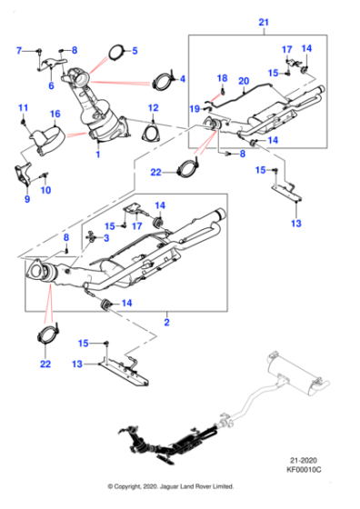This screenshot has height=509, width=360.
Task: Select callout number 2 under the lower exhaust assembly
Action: tap(166, 322)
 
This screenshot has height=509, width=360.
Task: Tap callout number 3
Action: tap(105, 237)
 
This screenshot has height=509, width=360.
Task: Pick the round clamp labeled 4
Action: tap(164, 79)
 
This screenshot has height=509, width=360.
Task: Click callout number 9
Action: tap(25, 199)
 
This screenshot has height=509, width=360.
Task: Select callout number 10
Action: tap(46, 189)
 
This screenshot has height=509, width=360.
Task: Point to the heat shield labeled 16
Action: tap(44, 138)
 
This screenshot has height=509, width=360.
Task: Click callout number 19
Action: tap(194, 108)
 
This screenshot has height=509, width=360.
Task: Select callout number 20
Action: tap(243, 81)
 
